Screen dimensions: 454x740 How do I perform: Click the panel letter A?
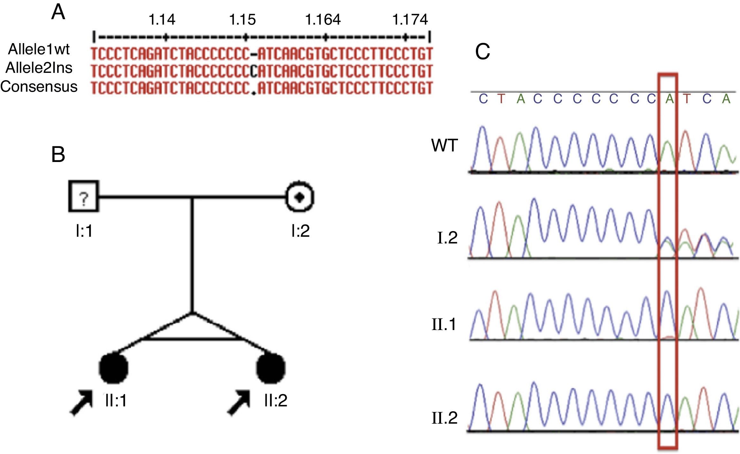tap(58, 14)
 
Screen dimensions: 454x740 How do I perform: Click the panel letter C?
tap(482, 52)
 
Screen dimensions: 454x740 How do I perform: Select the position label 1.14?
tap(162, 20)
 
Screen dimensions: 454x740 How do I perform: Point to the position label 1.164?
tap(323, 20)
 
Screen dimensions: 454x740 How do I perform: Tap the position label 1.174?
tap(410, 20)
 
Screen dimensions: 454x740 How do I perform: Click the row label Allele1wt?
tap(39, 49)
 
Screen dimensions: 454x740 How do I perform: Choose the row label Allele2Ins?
tap(39, 68)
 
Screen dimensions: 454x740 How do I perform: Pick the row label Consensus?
tap(39, 87)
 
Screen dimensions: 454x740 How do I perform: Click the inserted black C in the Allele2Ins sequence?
tap(254, 71)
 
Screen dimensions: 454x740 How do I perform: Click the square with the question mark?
tap(84, 196)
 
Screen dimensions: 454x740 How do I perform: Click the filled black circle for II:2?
tap(271, 368)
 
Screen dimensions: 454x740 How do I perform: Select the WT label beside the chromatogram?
tap(445, 146)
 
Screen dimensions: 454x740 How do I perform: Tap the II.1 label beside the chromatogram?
tap(445, 324)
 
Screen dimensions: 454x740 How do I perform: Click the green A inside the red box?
tap(669, 99)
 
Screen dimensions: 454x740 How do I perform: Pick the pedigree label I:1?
tap(84, 231)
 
